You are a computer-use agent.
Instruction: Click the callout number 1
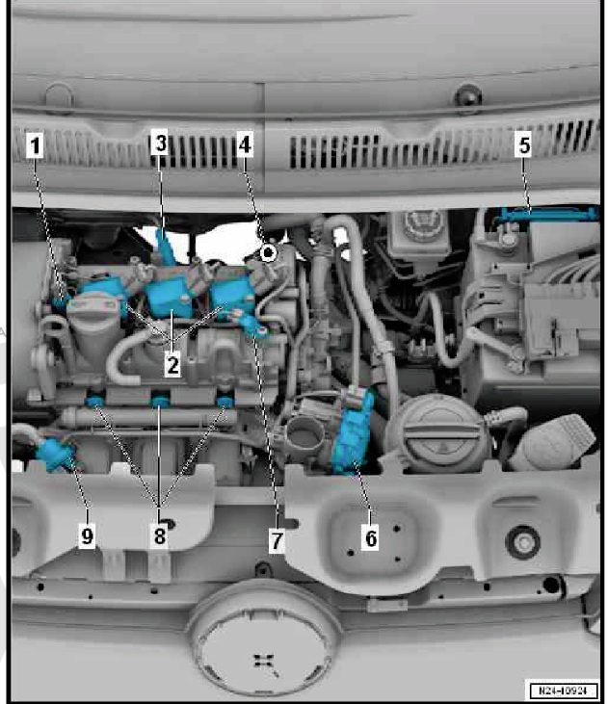(x=35, y=145)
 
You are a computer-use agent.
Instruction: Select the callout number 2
(x=172, y=365)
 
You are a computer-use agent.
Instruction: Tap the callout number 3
(x=160, y=143)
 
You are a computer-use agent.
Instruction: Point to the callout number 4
(x=245, y=144)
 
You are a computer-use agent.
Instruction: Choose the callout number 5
(x=524, y=145)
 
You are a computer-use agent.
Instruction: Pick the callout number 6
(x=370, y=537)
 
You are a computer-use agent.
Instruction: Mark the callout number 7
(x=277, y=540)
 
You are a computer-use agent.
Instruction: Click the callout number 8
(x=160, y=535)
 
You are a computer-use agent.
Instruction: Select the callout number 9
(x=87, y=535)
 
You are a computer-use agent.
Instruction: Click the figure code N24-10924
(x=562, y=691)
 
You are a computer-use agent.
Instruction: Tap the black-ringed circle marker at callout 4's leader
(x=269, y=253)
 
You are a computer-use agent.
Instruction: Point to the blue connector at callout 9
(x=56, y=454)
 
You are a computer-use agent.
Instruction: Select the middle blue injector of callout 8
(x=160, y=400)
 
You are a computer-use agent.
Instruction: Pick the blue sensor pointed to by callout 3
(x=165, y=246)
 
